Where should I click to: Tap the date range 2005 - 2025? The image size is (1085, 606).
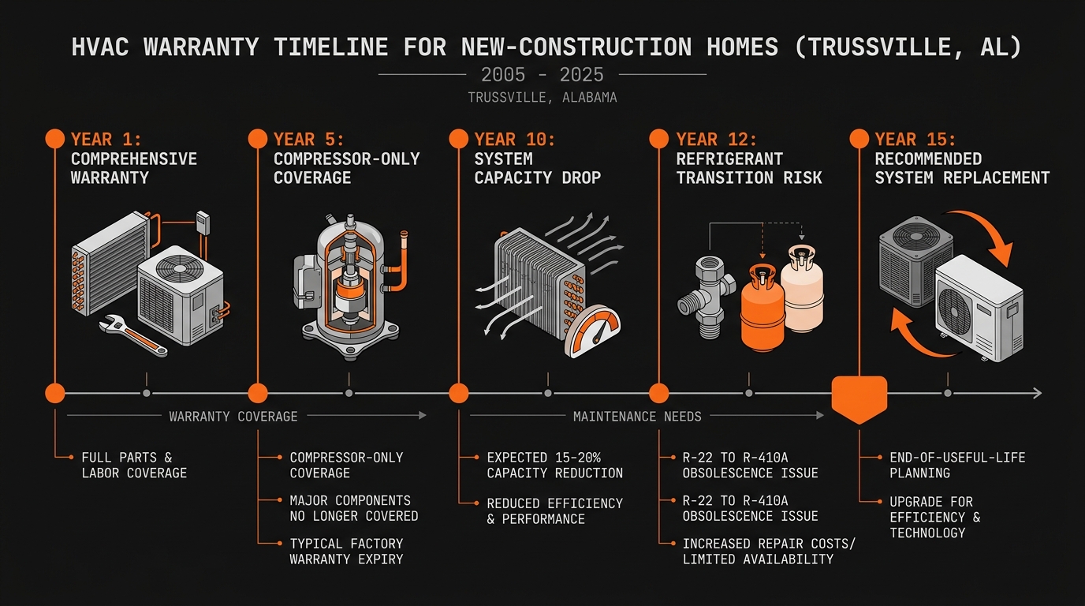tap(542, 75)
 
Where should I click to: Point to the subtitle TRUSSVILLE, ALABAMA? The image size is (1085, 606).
tap(542, 98)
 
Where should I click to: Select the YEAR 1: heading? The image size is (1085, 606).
tap(106, 140)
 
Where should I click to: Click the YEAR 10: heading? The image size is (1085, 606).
tap(515, 140)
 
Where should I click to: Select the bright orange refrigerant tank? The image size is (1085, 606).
tap(761, 308)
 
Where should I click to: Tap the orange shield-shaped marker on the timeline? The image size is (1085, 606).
tap(859, 395)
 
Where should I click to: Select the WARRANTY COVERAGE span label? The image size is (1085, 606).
tap(233, 416)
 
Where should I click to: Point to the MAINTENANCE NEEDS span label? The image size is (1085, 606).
tap(637, 416)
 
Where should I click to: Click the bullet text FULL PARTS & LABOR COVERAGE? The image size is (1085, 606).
tap(134, 465)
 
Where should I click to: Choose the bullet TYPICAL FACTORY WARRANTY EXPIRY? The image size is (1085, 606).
tap(346, 551)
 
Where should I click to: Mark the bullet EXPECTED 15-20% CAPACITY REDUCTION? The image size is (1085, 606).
tap(554, 465)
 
